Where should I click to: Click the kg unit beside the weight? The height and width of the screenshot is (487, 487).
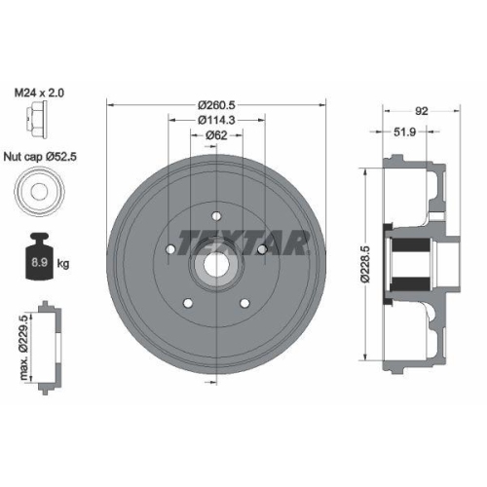click(64, 262)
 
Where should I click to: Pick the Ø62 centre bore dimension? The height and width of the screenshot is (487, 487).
click(218, 135)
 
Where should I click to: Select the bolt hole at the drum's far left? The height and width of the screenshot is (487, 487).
click(169, 250)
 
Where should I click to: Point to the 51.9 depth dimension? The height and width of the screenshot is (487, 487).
click(407, 131)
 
